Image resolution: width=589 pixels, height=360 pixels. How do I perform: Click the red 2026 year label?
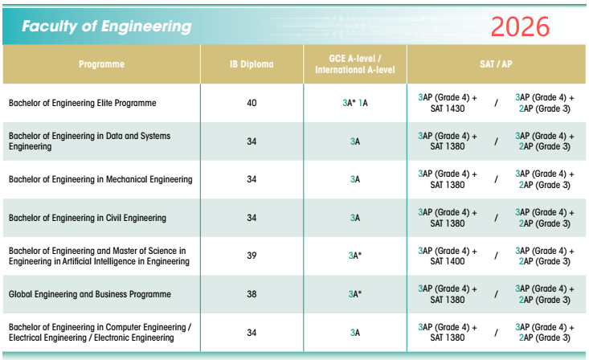point(520,27)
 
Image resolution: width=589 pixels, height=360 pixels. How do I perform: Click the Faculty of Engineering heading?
point(107,27)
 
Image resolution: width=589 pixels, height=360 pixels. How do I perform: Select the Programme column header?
point(101,64)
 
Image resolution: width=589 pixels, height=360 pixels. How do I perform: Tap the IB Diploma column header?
point(252,64)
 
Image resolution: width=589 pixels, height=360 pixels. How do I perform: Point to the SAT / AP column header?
point(497,64)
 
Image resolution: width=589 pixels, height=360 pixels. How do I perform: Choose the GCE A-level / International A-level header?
point(355,64)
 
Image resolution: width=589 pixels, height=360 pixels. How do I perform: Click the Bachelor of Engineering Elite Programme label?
point(83,104)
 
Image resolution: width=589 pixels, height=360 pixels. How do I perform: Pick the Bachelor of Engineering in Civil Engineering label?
point(88,218)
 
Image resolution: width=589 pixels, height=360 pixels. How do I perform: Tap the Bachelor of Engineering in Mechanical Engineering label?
point(100,179)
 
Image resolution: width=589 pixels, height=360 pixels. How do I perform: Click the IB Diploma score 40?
point(252,104)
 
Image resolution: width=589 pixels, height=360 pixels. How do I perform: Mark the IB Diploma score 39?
point(252,256)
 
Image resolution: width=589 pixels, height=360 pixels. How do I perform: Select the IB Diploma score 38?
point(252,294)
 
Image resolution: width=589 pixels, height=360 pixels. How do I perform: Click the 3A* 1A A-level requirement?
point(355,104)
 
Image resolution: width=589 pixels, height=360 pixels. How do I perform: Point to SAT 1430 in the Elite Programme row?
point(448,109)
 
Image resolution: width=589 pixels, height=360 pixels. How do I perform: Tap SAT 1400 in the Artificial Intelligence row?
point(448,261)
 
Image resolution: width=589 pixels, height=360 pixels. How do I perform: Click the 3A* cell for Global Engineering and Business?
point(355,294)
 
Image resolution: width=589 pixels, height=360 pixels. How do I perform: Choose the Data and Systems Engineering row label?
point(89,141)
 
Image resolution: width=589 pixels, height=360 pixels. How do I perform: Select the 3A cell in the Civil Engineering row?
point(355,218)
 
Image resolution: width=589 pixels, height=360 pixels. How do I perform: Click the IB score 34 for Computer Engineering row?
point(252,332)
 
